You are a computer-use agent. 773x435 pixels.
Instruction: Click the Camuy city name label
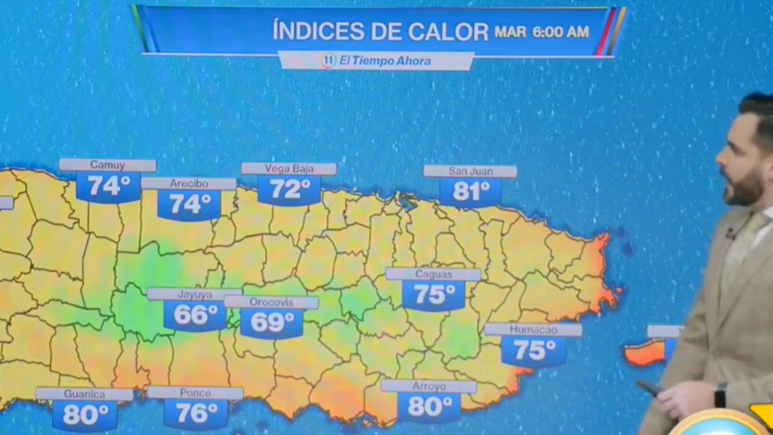[x=107, y=165]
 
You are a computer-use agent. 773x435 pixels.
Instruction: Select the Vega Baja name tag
[x=289, y=169]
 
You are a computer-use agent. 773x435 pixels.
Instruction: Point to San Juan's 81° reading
[x=471, y=191]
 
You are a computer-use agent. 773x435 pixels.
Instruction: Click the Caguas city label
[x=433, y=274]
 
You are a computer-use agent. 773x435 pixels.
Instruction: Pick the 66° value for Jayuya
[x=195, y=315]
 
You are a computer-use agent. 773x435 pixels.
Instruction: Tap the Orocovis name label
[x=271, y=302]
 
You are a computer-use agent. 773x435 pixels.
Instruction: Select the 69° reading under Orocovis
[x=272, y=322]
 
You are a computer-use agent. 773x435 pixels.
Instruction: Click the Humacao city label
[x=533, y=329]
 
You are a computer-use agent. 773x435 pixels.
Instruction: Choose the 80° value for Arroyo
[x=429, y=406]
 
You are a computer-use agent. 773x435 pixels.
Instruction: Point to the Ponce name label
[x=195, y=393]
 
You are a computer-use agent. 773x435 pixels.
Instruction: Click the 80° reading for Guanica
[x=85, y=414]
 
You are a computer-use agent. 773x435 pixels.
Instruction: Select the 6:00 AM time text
[x=561, y=32]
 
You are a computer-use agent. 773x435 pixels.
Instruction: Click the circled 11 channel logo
[x=329, y=61]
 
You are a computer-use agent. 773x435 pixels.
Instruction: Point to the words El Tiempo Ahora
[x=385, y=61]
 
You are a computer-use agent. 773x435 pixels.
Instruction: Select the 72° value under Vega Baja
[x=289, y=188]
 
